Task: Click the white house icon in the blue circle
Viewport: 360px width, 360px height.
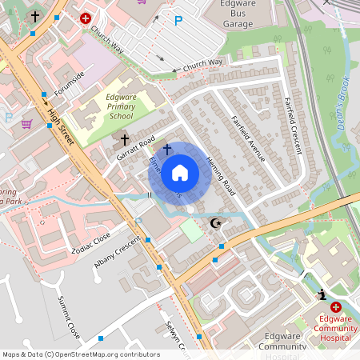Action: tap(180, 173)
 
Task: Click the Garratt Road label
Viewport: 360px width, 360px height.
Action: tap(135, 148)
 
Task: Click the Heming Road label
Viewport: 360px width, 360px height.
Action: tap(218, 175)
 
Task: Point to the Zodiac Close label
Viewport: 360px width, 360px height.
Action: tap(90, 242)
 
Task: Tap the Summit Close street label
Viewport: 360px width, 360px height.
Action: tap(69, 315)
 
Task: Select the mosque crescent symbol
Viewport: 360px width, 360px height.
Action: tap(214, 223)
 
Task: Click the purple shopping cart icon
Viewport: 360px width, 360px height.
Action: tap(26, 124)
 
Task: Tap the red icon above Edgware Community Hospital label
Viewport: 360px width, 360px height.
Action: tap(336, 307)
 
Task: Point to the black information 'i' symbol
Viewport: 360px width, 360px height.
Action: tap(322, 294)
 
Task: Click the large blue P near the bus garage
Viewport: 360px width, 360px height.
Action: tap(178, 22)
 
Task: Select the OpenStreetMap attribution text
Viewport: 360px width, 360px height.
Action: tap(81, 354)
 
